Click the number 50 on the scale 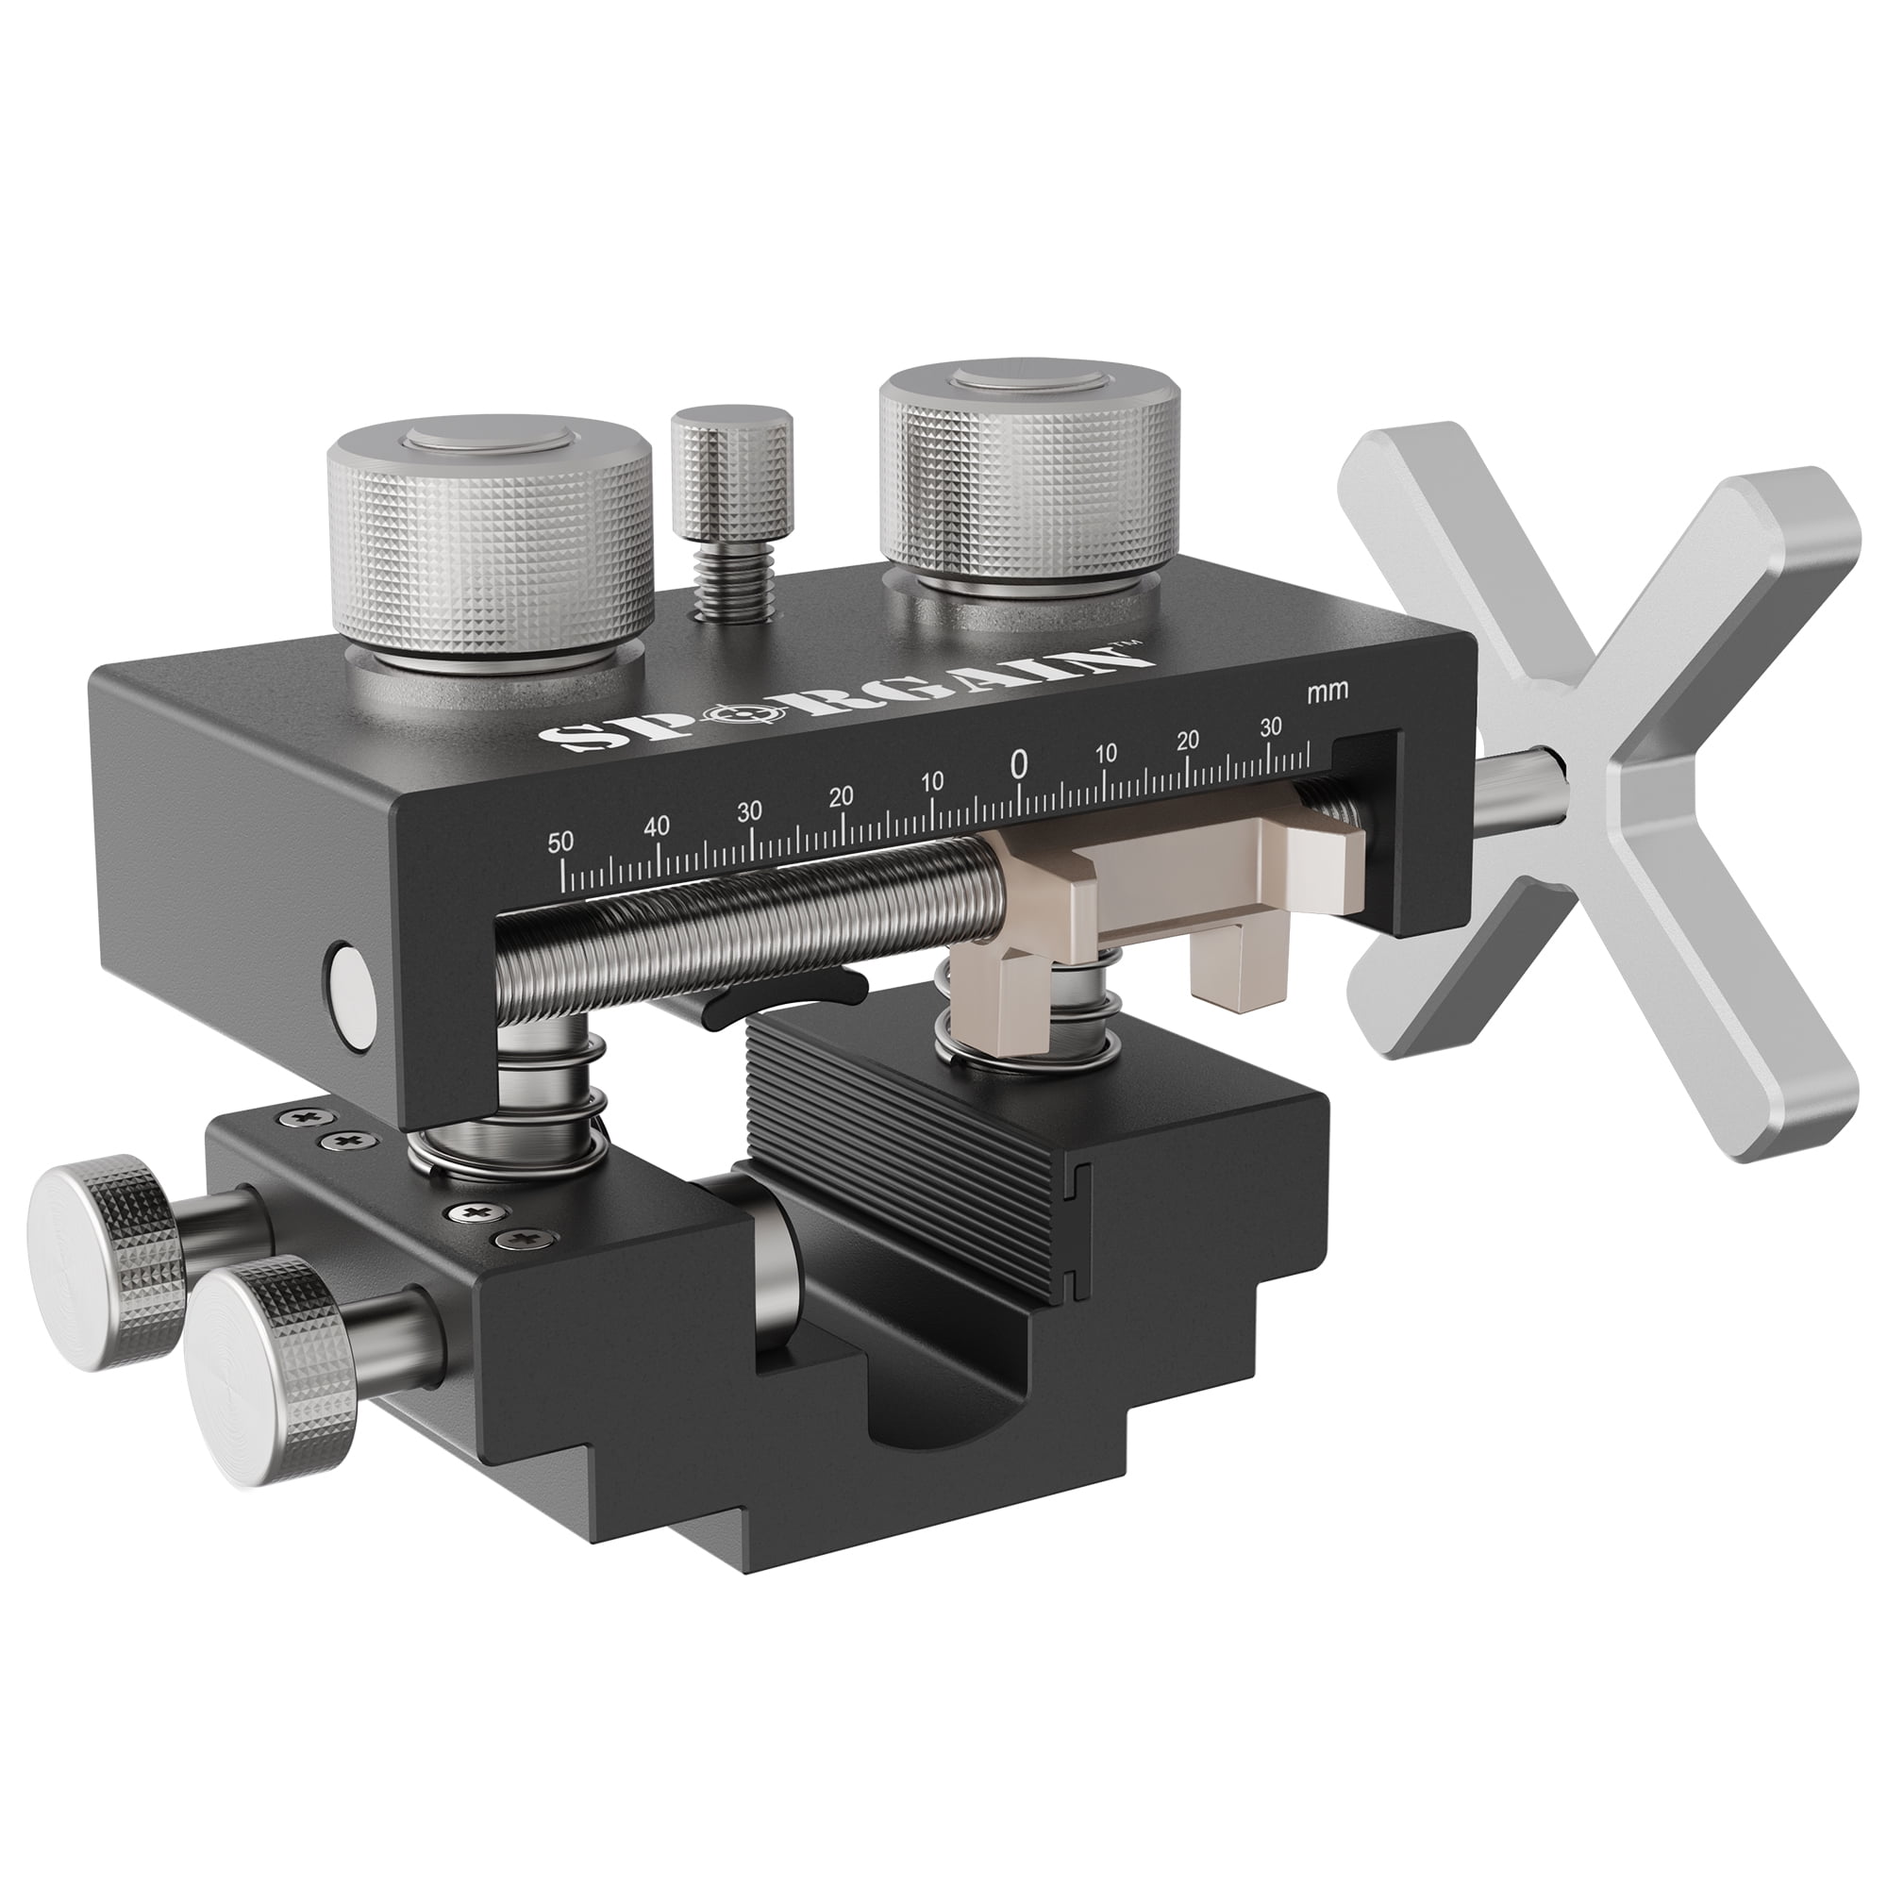tap(560, 843)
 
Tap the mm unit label tap(1328, 690)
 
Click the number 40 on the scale tap(657, 827)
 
